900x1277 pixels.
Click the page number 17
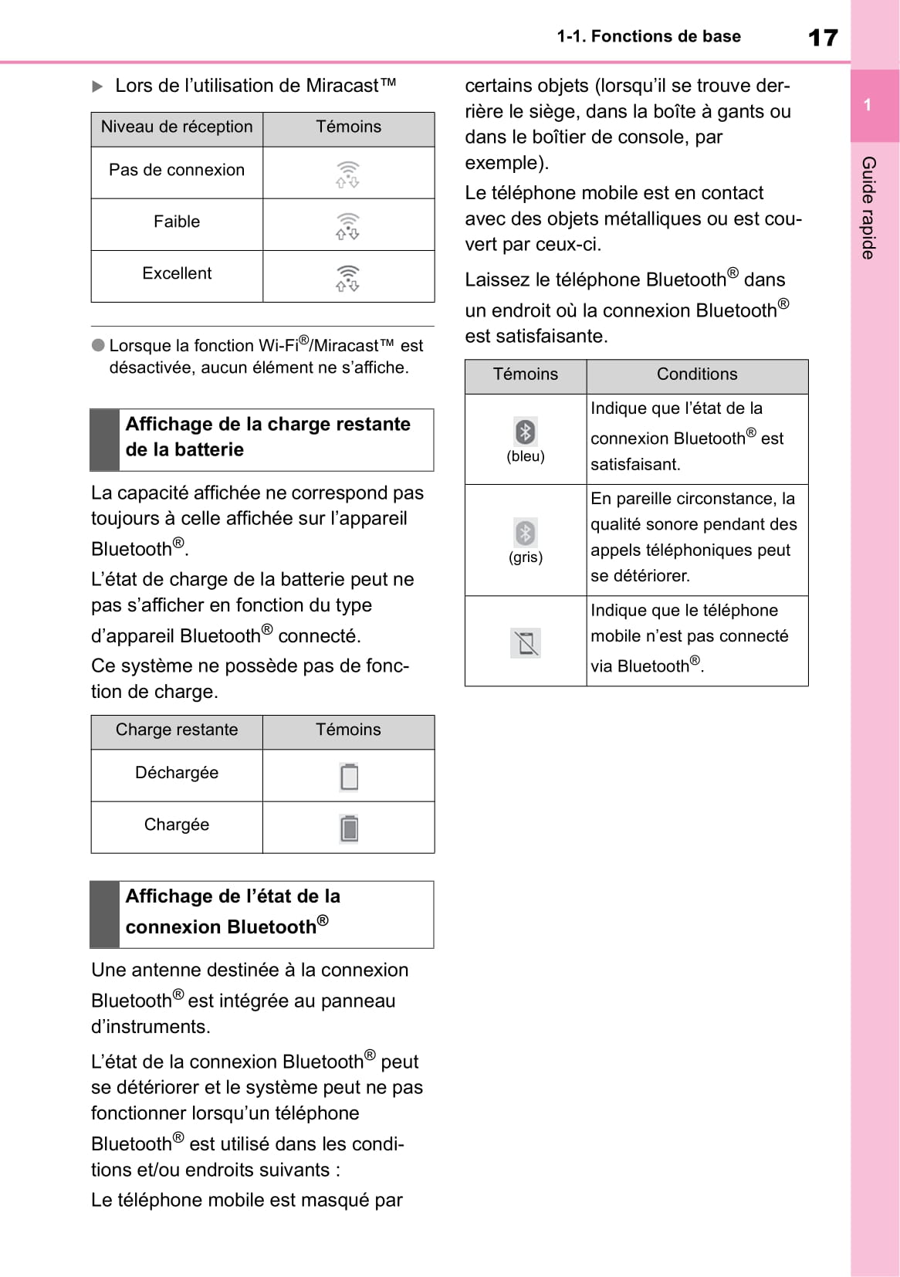tap(822, 37)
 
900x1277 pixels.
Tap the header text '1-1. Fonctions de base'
tap(648, 36)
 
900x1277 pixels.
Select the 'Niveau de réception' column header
tap(177, 127)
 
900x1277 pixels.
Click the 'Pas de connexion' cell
tap(177, 171)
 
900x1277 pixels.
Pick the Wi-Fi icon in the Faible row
tap(348, 225)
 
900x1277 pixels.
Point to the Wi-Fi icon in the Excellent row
tap(348, 277)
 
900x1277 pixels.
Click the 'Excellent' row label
tap(177, 274)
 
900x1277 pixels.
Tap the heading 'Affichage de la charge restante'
tap(268, 425)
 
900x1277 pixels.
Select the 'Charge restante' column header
tap(177, 730)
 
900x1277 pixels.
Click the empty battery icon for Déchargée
tap(349, 777)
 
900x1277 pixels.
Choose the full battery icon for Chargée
tap(349, 828)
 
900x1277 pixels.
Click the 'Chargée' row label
tap(177, 825)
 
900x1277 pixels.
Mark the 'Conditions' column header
tap(697, 374)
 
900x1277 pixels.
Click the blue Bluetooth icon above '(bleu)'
tap(526, 431)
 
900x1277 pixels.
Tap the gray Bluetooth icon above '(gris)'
tap(526, 533)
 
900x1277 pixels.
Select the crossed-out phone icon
tap(526, 642)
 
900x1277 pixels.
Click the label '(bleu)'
tap(526, 456)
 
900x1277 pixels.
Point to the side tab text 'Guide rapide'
tap(868, 208)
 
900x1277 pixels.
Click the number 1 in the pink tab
tap(868, 105)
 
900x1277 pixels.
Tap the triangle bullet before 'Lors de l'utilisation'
tap(97, 86)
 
